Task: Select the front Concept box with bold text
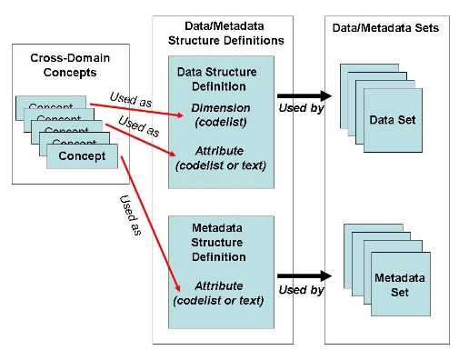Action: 83,156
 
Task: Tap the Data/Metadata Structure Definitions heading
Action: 226,35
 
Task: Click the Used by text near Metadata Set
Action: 301,291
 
